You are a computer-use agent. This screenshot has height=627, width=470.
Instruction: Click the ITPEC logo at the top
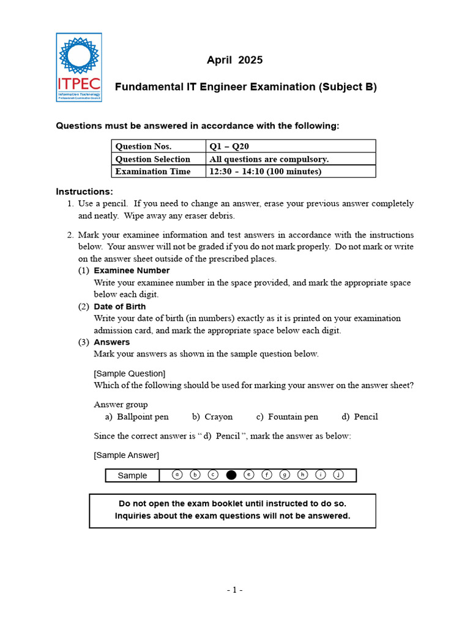(x=79, y=67)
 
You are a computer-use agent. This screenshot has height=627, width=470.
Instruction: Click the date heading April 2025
(x=234, y=60)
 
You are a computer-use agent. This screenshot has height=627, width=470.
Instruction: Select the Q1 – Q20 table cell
(x=229, y=146)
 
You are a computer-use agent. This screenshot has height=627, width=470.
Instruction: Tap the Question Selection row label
(x=152, y=159)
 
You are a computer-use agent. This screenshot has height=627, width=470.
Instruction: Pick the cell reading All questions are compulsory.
(x=269, y=159)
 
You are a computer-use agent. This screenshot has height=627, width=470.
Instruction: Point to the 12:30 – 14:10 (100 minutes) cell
(x=265, y=171)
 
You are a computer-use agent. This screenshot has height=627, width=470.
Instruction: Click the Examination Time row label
(x=152, y=171)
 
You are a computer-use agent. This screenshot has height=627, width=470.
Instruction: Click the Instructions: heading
(x=84, y=192)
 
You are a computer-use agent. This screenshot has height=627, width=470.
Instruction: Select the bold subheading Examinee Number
(x=132, y=271)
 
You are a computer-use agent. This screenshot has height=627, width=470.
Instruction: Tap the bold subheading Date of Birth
(x=119, y=306)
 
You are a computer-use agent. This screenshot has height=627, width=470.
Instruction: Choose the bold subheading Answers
(x=111, y=342)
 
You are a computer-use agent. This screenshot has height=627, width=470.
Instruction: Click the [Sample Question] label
(x=129, y=374)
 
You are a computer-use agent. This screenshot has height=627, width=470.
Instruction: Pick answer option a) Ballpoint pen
(x=136, y=417)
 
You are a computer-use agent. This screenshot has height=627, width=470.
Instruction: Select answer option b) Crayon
(x=212, y=417)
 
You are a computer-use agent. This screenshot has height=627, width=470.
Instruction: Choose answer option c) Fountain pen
(x=287, y=417)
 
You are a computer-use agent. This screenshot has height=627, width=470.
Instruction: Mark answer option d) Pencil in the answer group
(x=360, y=417)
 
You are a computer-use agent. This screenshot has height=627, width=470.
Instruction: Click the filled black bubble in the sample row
(x=231, y=475)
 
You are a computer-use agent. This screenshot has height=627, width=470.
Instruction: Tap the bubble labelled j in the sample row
(x=338, y=475)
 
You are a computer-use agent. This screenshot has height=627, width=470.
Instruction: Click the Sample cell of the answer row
(x=132, y=476)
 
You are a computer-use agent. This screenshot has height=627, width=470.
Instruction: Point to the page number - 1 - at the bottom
(x=234, y=590)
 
